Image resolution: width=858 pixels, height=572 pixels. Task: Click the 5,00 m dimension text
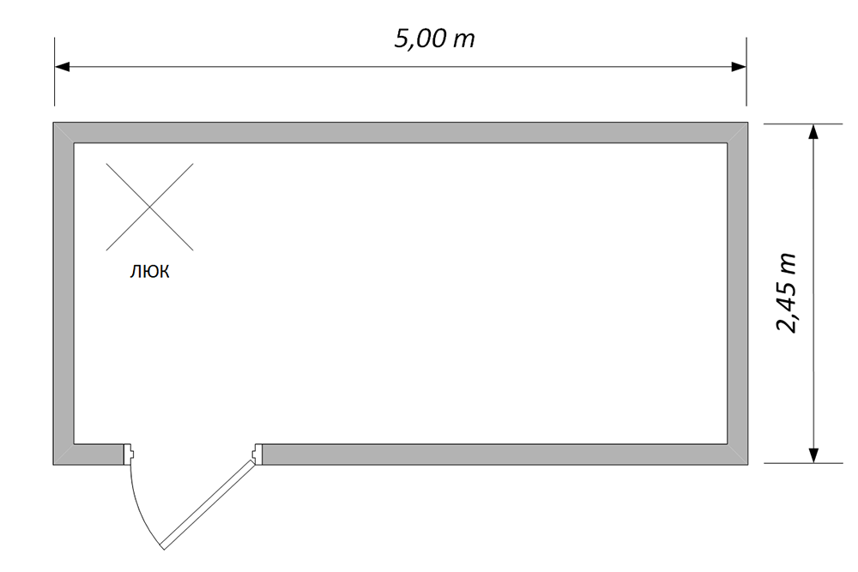pyautogui.click(x=434, y=39)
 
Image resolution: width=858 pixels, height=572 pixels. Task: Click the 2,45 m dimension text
pyautogui.click(x=787, y=293)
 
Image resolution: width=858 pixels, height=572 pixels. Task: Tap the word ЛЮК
pyautogui.click(x=149, y=271)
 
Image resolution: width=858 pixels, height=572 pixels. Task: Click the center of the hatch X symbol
pyautogui.click(x=149, y=207)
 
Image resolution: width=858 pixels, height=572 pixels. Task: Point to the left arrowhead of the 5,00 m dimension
pyautogui.click(x=63, y=67)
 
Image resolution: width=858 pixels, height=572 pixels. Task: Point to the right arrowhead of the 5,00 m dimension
pyautogui.click(x=739, y=67)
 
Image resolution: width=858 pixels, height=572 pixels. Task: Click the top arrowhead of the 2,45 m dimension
pyautogui.click(x=813, y=132)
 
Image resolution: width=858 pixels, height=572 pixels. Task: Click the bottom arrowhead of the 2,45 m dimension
pyautogui.click(x=813, y=455)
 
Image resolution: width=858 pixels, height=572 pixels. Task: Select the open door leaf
pyautogui.click(x=208, y=505)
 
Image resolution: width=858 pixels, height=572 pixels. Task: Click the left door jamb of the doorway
pyautogui.click(x=130, y=454)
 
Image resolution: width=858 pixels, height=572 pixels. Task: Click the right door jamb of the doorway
pyautogui.click(x=257, y=454)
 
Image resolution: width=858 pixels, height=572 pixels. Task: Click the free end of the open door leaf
pyautogui.click(x=162, y=547)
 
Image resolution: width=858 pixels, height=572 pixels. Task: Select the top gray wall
pyautogui.click(x=401, y=132)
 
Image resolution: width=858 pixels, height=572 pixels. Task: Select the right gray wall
pyautogui.click(x=738, y=293)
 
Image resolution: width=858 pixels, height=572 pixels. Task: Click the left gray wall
pyautogui.click(x=63, y=293)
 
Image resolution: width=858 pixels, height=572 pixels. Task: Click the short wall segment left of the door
pyautogui.click(x=88, y=455)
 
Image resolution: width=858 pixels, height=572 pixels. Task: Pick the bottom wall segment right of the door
pyautogui.click(x=505, y=455)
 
